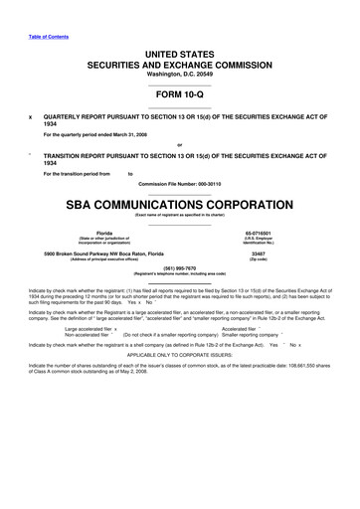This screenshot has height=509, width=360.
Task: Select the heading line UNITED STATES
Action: click(179, 51)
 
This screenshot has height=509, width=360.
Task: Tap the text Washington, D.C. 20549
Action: click(179, 75)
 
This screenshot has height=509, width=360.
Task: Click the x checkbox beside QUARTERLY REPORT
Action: click(32, 115)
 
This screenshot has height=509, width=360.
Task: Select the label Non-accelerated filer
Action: click(86, 334)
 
